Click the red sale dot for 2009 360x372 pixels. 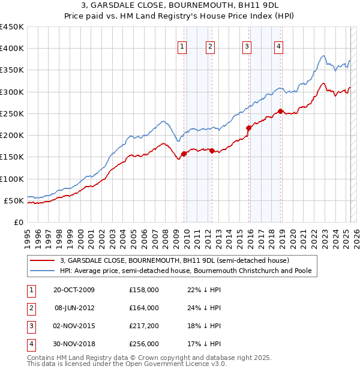pos(184,154)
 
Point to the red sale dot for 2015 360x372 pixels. pos(248,128)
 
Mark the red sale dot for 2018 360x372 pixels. pos(281,111)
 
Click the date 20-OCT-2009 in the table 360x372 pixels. pos(74,290)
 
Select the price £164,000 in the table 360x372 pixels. pos(144,308)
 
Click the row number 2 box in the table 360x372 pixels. pos(31,308)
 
